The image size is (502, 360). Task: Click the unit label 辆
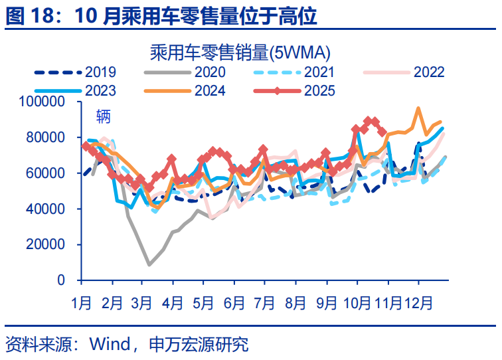click(103, 118)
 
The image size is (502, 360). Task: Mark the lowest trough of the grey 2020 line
click(149, 264)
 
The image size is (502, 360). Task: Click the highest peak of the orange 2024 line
click(418, 108)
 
